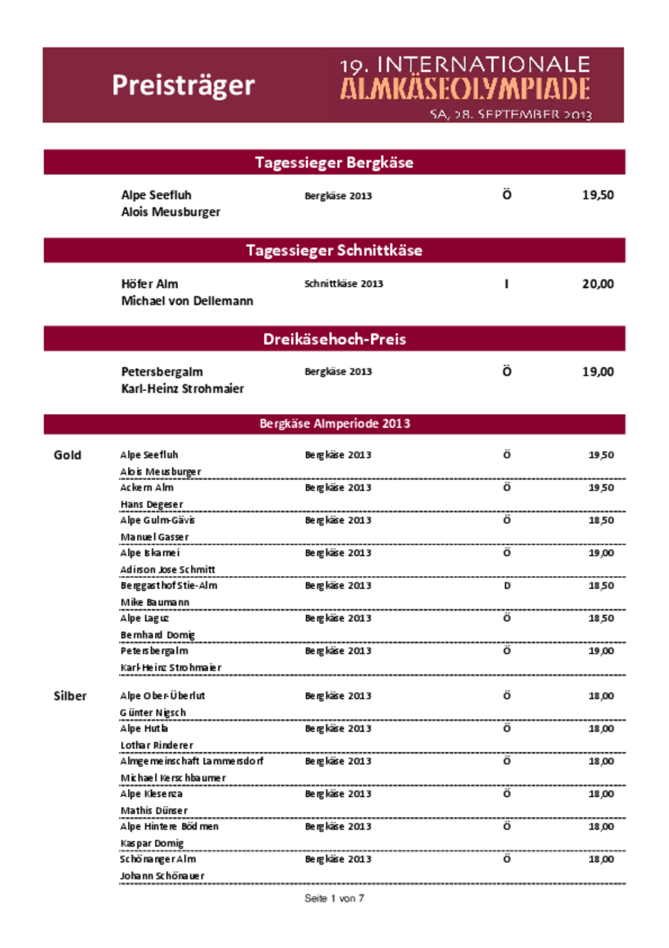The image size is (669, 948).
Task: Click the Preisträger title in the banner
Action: pos(184,86)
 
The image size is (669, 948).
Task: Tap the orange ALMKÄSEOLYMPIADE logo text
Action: pos(464,89)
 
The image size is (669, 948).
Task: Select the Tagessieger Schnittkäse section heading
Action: pos(334,251)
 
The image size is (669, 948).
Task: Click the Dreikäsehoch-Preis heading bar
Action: pos(334,339)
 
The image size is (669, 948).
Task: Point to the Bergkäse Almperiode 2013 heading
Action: pos(334,424)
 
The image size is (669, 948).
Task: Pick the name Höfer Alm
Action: pos(149,284)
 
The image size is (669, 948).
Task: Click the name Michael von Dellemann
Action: pos(187,301)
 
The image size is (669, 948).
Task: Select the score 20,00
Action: pos(597,284)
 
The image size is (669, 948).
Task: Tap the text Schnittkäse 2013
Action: pos(343,284)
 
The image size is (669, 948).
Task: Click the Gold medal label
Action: pos(68,456)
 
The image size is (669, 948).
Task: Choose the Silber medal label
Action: pos(70,697)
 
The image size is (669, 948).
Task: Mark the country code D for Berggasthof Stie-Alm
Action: pos(507,586)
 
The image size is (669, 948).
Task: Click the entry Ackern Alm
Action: pos(147,487)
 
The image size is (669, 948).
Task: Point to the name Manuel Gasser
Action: pos(154,537)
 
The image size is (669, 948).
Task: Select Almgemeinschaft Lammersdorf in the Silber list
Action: pos(192,761)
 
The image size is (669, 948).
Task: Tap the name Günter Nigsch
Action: pos(153,713)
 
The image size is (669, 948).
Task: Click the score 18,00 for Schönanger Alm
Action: pos(601,859)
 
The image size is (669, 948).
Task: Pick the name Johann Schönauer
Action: pos(162,876)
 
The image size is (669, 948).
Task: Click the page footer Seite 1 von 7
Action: pos(334,898)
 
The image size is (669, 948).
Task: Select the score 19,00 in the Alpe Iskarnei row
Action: pos(601,553)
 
